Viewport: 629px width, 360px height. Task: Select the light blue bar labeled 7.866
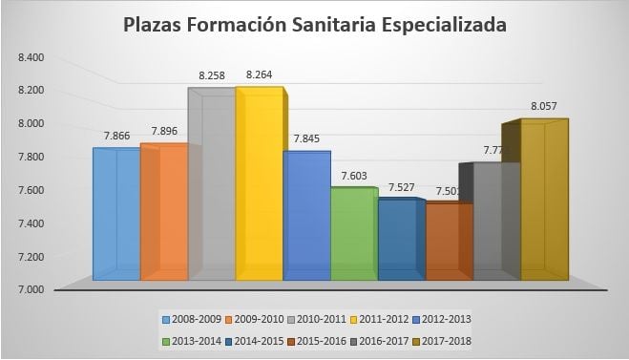(115, 214)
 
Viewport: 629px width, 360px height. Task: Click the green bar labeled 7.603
(353, 234)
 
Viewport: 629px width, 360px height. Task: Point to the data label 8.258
(212, 74)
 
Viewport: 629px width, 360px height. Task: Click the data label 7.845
(307, 138)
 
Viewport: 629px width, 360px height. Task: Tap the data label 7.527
(402, 187)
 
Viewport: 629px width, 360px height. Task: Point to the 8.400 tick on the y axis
(31, 57)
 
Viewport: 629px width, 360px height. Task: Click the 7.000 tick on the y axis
(31, 289)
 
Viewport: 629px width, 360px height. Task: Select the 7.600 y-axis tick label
(31, 190)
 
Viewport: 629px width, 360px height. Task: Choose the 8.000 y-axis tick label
(31, 123)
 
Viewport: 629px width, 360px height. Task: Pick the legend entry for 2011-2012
(382, 319)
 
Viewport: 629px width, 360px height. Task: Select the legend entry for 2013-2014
(195, 340)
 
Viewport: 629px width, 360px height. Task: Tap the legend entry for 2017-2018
(444, 340)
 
